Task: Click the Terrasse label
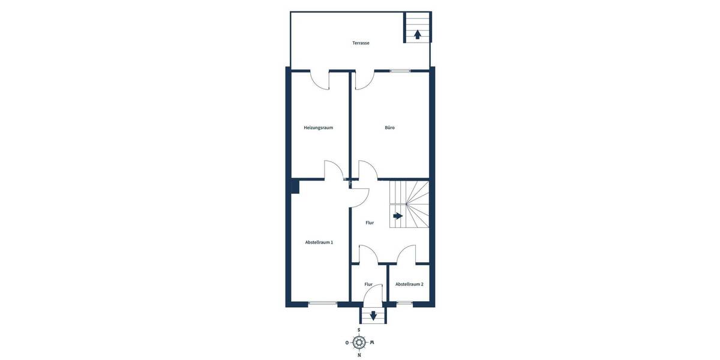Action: coord(361,43)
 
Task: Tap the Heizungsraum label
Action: coord(318,128)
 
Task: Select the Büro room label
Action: coord(389,128)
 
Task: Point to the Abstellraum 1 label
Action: coord(319,242)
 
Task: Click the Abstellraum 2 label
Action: coord(409,284)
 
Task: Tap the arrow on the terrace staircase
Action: coord(417,34)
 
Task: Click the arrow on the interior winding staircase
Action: coord(397,215)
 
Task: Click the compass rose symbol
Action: coord(359,343)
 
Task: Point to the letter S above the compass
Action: coord(359,330)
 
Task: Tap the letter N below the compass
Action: coord(359,355)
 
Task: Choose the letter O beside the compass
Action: coord(347,343)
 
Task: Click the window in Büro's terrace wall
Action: coord(400,71)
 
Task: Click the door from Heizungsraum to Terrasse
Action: coord(320,80)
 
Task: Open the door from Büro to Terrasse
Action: coord(364,80)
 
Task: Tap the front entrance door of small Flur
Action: coord(373,295)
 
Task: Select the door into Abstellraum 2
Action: coord(406,254)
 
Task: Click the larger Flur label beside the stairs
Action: coord(370,223)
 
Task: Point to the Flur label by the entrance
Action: coord(368,284)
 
